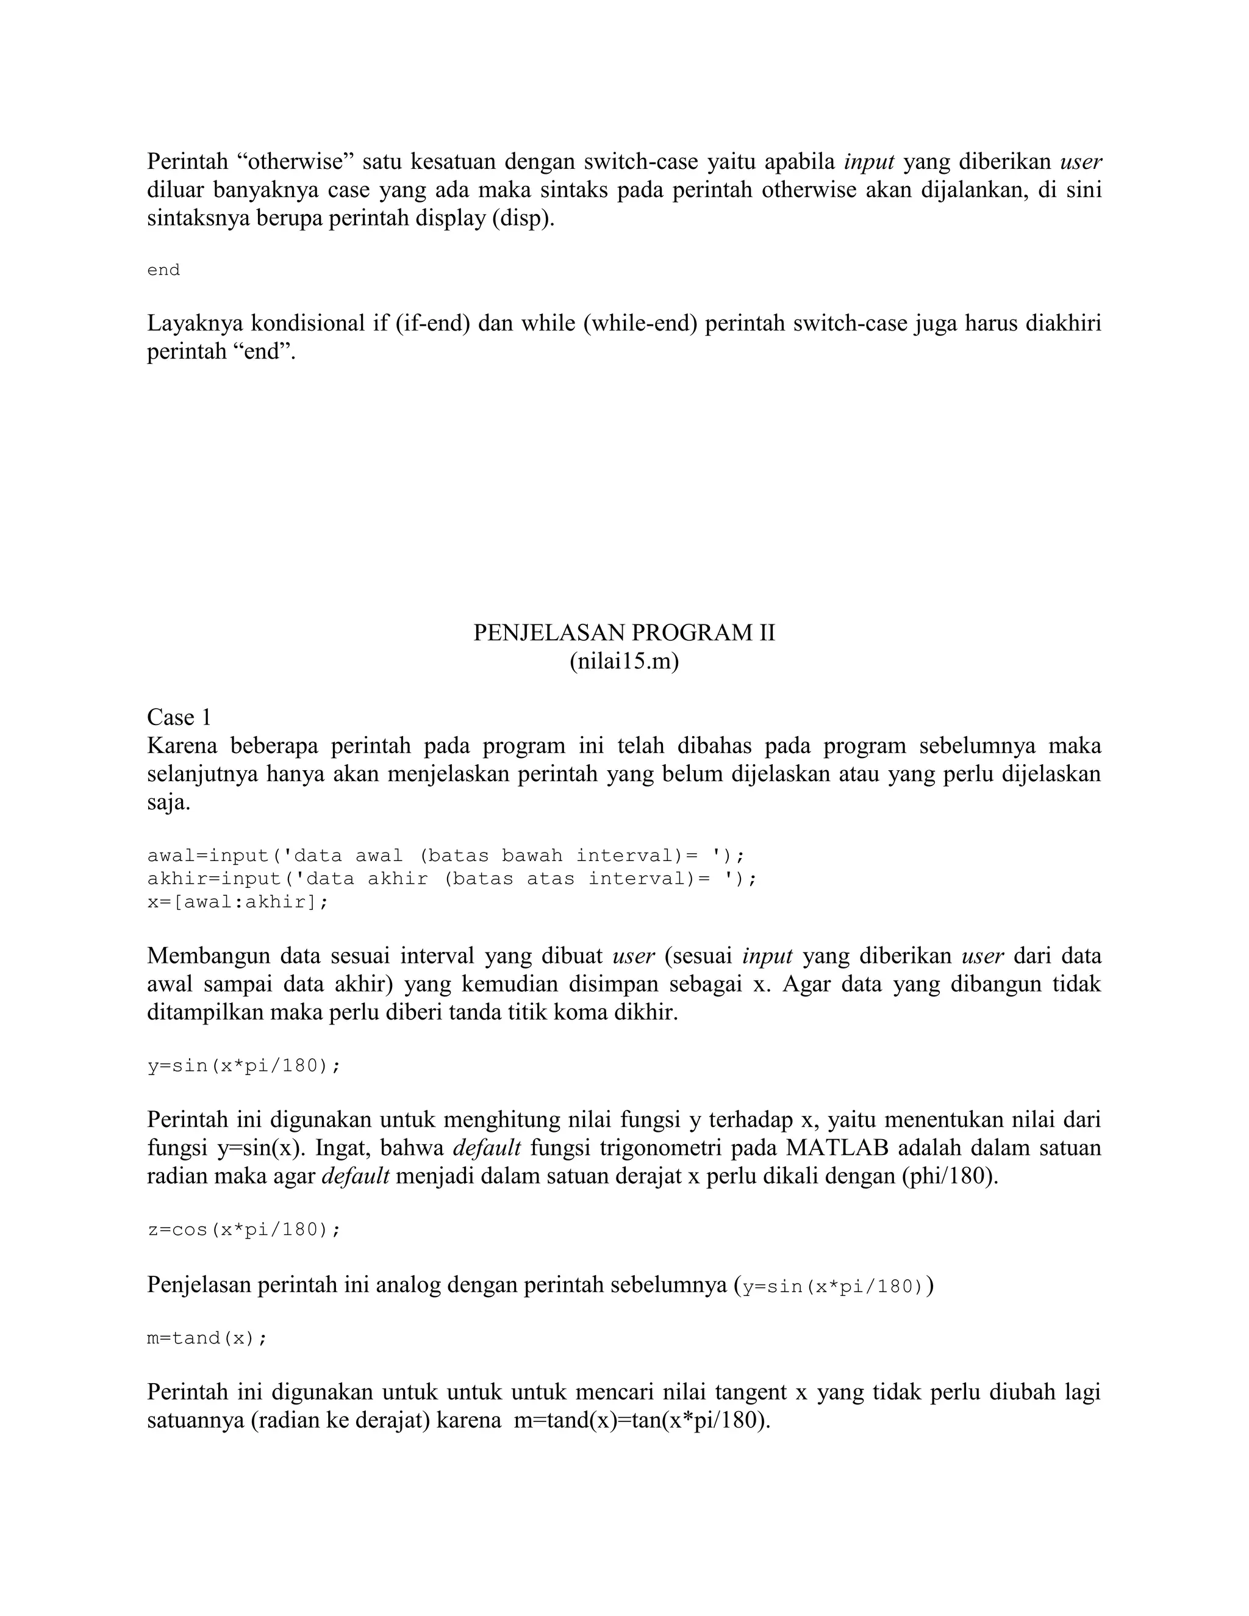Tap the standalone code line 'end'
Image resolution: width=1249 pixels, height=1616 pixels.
click(163, 270)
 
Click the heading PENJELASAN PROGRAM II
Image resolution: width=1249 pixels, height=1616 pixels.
click(624, 632)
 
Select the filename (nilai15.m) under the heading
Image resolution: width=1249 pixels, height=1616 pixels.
click(624, 661)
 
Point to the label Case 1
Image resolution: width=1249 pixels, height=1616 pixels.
click(179, 717)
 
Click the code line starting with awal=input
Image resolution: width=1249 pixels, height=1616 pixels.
click(446, 856)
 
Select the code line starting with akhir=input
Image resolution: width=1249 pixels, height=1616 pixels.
click(452, 878)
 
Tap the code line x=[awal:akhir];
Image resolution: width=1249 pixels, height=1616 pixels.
click(237, 902)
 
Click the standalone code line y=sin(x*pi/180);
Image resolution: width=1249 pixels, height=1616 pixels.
click(244, 1065)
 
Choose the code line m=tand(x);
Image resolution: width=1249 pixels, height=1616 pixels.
click(207, 1338)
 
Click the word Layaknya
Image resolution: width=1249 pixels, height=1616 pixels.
click(195, 323)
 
